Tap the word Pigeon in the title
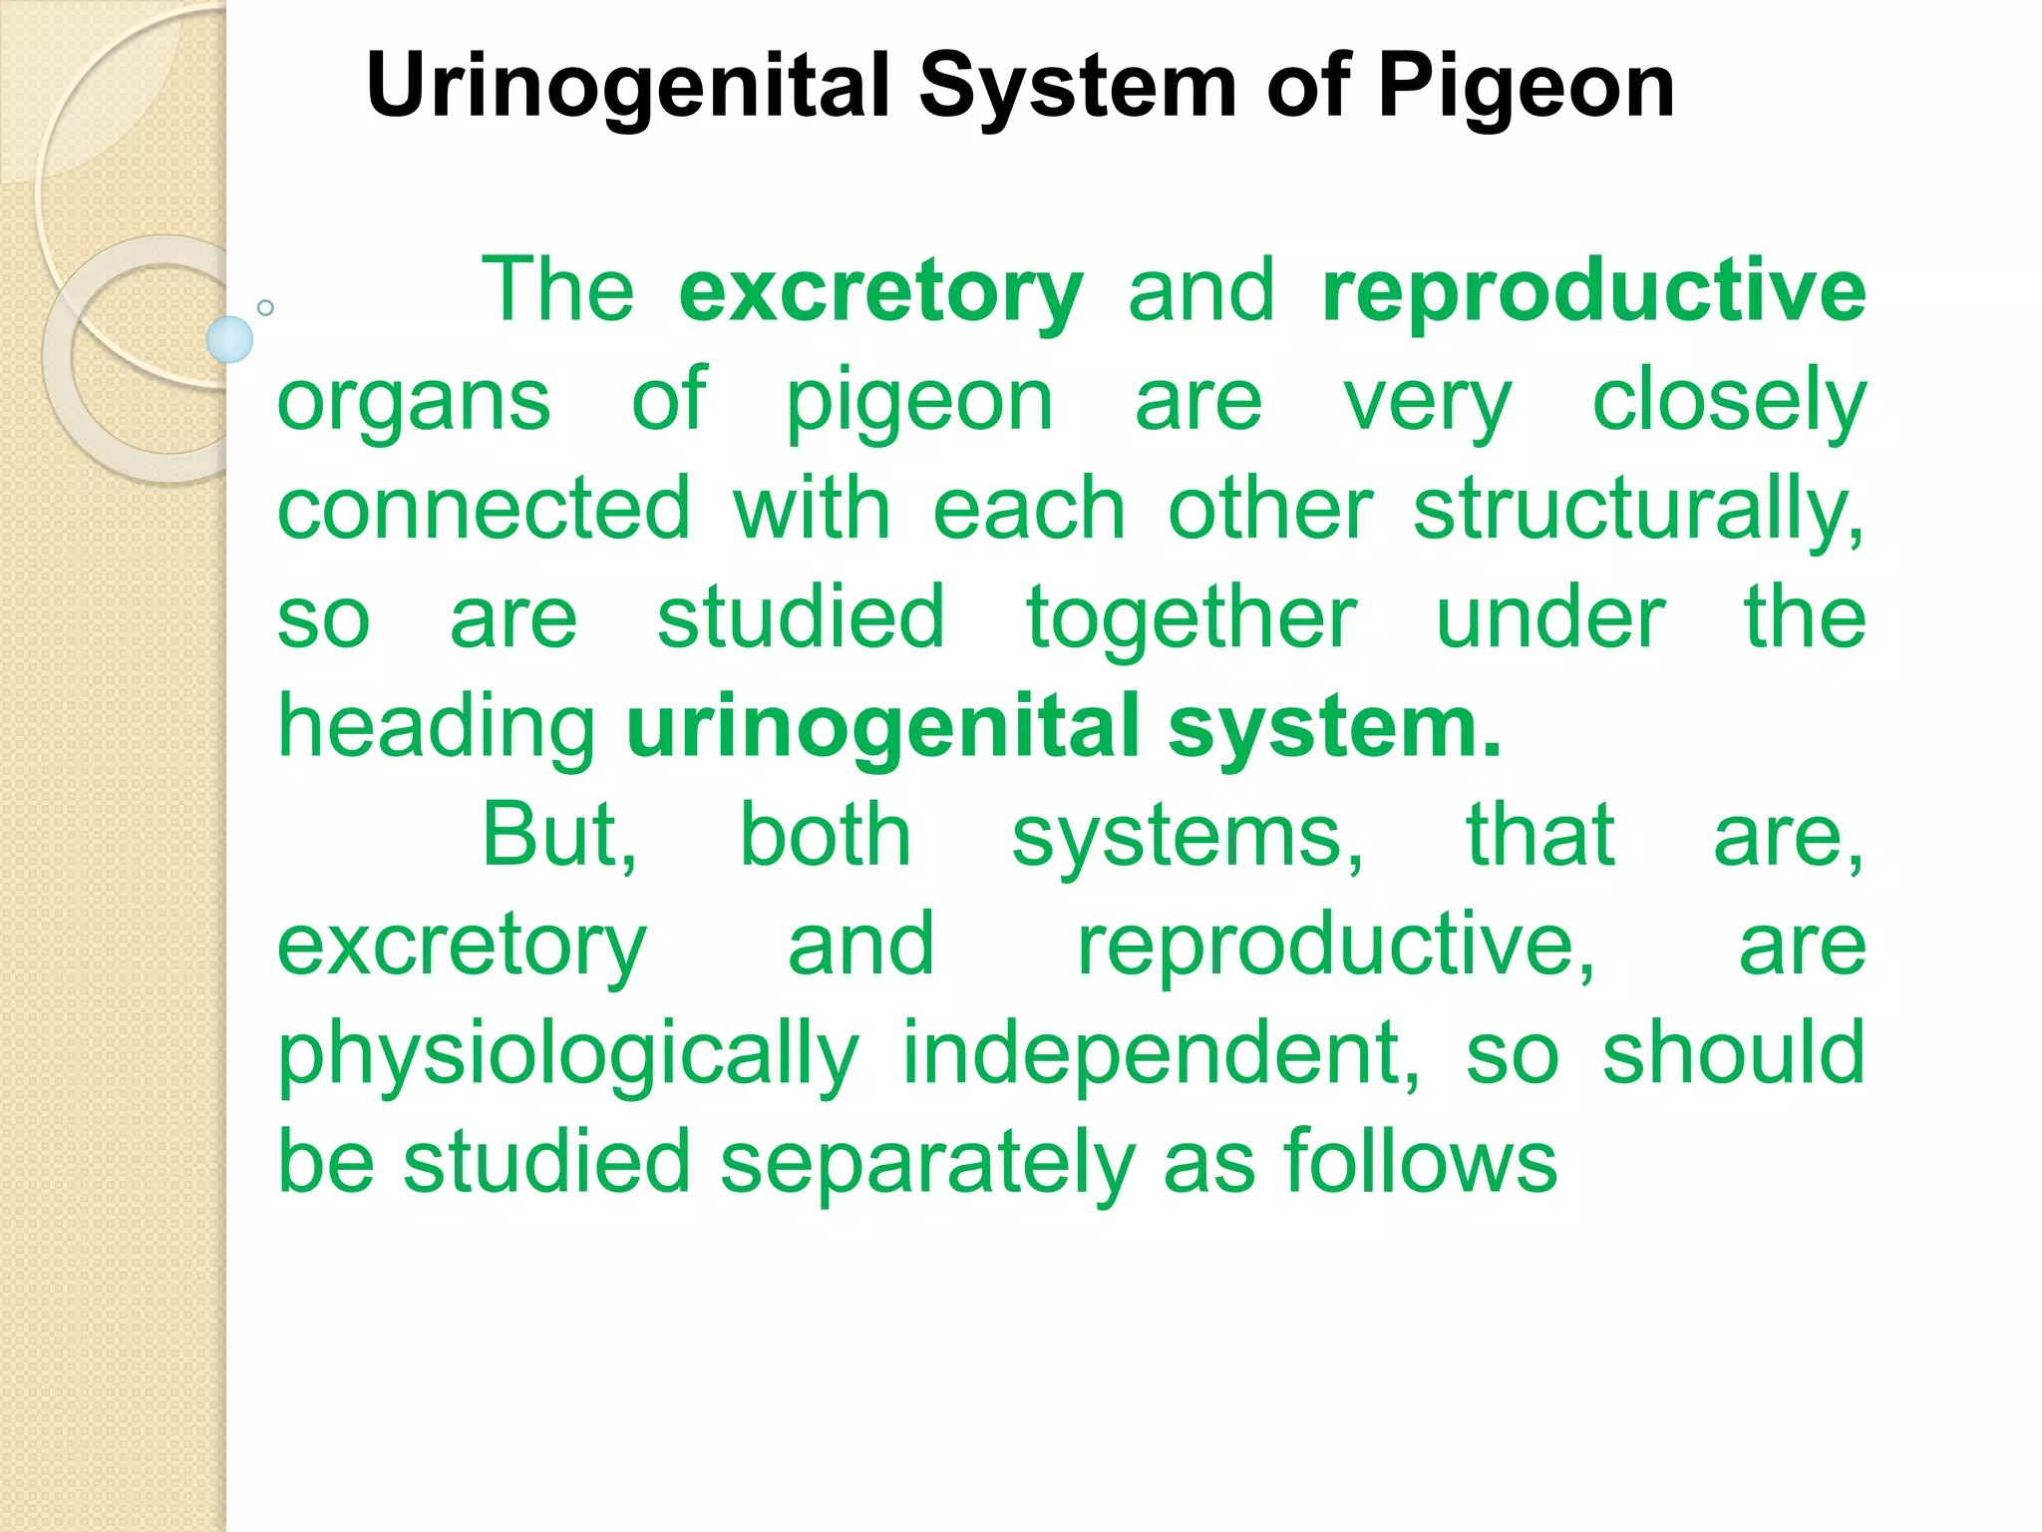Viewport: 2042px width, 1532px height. (1526, 88)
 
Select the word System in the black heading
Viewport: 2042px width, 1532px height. (1078, 88)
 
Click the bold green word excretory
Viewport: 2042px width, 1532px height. (880, 291)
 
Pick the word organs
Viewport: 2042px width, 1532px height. (413, 401)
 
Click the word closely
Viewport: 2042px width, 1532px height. (1728, 401)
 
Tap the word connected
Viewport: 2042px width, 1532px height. (484, 509)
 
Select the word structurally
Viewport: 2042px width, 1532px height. (1638, 511)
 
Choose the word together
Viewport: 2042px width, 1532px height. (1191, 618)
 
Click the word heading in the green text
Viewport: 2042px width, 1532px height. (436, 728)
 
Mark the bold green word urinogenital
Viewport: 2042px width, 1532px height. (883, 728)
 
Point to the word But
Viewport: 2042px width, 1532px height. (558, 836)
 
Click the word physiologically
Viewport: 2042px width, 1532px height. (567, 1055)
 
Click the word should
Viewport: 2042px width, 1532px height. (1733, 1053)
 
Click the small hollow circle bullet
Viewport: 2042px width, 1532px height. (265, 307)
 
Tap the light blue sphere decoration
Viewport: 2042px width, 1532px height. (229, 339)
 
